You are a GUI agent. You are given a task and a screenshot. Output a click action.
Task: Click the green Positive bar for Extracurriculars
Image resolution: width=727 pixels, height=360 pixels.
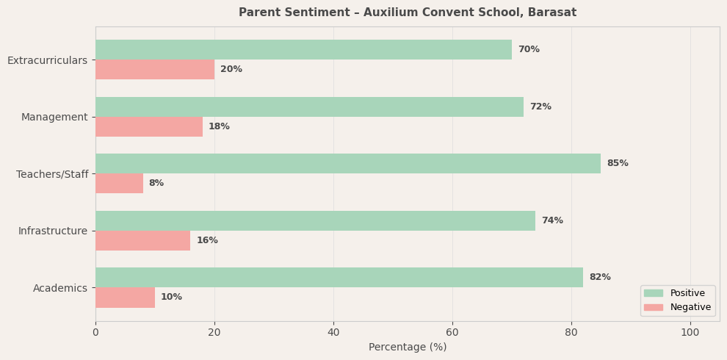coord(303,50)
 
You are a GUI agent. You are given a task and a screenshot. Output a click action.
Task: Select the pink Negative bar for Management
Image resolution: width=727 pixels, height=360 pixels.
coord(149,127)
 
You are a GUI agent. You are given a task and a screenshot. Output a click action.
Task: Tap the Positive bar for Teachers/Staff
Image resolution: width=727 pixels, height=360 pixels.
coord(348,164)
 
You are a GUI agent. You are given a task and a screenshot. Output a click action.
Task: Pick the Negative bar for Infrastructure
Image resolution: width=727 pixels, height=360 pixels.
coord(143,241)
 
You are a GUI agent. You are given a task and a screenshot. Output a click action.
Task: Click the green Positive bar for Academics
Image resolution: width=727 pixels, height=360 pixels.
coord(339,278)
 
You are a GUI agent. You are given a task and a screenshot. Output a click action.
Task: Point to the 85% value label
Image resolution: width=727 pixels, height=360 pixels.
coord(618,164)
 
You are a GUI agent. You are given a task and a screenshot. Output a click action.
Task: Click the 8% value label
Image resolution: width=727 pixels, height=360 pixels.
coord(156,184)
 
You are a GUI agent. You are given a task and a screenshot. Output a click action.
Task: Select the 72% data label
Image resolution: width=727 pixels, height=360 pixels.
coord(540,107)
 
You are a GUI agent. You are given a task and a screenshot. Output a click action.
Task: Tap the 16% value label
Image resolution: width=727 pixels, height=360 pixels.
coord(207,241)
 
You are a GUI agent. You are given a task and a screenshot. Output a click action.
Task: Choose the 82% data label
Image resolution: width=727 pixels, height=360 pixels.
coord(600,278)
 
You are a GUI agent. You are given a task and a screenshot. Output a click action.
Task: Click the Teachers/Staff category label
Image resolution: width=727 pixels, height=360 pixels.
coord(52,174)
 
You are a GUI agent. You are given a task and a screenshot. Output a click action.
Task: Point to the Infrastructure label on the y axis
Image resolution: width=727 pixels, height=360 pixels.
coord(53,231)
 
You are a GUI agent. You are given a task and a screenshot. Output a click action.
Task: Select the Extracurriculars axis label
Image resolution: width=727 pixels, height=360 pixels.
coord(48,60)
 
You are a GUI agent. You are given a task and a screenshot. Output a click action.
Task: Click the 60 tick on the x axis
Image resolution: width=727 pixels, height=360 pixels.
coord(452,333)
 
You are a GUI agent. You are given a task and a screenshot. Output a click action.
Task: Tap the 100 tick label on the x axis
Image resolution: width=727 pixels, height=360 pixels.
coord(690,333)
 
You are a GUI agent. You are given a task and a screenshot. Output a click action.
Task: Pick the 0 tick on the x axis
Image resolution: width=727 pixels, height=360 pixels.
coord(95,333)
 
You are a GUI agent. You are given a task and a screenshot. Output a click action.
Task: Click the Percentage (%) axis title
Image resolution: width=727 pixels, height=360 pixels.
coord(408,348)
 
